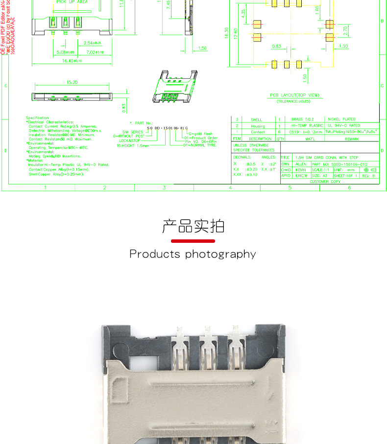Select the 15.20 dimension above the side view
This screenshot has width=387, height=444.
[x=72, y=82]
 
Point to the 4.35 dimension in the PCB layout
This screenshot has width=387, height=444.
[x=243, y=15]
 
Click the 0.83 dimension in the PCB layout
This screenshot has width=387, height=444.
[x=276, y=46]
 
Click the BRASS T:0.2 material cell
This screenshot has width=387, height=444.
[x=302, y=119]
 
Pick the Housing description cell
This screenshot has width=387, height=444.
[x=258, y=126]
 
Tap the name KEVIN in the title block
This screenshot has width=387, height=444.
[x=301, y=170]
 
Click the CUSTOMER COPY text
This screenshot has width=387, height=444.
[x=325, y=182]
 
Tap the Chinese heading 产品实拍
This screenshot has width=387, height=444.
[x=193, y=227]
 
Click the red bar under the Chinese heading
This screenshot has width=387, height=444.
[x=193, y=241]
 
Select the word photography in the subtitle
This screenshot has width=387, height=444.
[x=220, y=254]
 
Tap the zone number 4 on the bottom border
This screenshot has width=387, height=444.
[x=230, y=187]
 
